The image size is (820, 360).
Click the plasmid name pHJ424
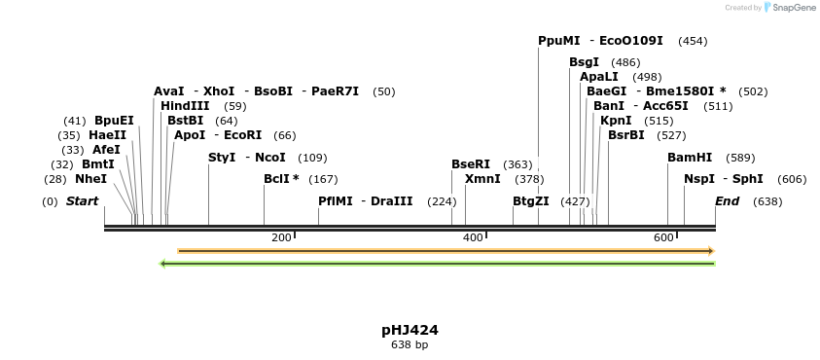click(x=410, y=330)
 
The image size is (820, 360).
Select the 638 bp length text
click(x=410, y=344)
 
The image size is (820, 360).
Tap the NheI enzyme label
click(x=90, y=179)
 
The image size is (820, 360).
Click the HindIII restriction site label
click(x=185, y=105)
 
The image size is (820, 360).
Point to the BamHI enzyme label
click(x=690, y=158)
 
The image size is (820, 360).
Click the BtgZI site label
click(x=531, y=201)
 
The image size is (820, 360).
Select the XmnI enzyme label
click(x=482, y=179)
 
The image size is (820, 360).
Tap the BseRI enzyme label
click(x=471, y=164)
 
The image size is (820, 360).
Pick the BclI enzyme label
click(x=281, y=179)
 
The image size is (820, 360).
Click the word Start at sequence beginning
click(x=83, y=201)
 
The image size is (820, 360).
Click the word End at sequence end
click(x=727, y=201)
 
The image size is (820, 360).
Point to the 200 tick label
click(x=281, y=238)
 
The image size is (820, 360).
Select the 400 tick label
click(x=473, y=238)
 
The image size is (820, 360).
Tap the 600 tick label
click(x=663, y=238)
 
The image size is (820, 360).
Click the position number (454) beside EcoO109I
click(x=693, y=41)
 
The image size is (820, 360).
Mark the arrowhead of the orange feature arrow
click(x=710, y=251)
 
